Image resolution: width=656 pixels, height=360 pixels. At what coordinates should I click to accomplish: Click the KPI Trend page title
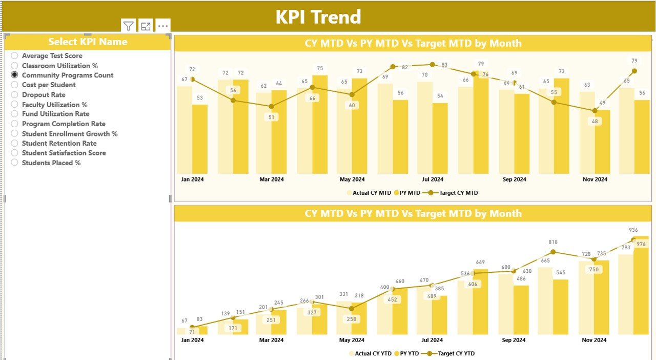318,17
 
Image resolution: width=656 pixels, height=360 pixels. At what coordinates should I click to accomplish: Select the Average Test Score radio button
15,56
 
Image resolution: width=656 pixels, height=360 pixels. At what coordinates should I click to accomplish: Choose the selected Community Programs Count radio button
15,75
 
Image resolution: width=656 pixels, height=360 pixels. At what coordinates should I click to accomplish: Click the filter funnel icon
129,27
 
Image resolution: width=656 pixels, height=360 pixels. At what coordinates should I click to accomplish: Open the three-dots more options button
163,26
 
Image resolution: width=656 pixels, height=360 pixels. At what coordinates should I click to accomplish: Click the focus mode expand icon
146,27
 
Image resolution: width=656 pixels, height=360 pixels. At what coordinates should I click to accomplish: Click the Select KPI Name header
88,42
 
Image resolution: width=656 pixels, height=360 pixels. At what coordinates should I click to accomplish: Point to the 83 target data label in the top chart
444,65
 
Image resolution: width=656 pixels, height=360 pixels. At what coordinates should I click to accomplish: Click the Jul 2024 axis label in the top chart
433,179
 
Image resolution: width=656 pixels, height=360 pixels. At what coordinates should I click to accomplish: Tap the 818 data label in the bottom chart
553,242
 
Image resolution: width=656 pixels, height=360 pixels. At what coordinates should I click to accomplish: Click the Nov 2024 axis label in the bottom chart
594,340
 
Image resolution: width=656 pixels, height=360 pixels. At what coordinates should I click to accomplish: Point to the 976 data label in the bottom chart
641,244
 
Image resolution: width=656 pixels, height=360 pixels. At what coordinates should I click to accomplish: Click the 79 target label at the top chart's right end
634,61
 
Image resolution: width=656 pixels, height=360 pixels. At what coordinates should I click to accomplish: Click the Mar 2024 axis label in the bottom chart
271,340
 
